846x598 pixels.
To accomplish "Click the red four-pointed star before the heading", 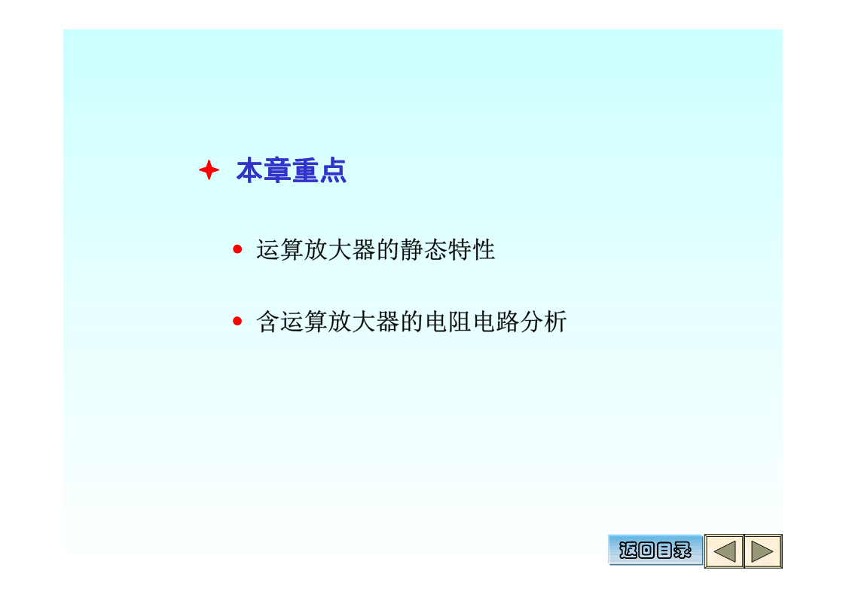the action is click(209, 170).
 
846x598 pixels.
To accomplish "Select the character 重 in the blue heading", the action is click(305, 170).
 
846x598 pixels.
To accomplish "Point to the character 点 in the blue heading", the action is click(332, 170).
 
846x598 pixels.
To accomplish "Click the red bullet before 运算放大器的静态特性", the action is click(237, 249).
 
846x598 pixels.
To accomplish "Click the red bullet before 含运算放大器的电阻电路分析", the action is click(237, 322).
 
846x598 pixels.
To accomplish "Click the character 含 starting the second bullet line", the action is click(268, 322).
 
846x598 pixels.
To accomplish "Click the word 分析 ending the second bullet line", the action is click(543, 322).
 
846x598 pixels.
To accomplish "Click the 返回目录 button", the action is click(655, 550).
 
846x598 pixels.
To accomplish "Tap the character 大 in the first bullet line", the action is click(340, 249).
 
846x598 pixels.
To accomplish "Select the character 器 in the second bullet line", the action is click(387, 322).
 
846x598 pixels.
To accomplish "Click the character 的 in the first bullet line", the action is click(388, 249).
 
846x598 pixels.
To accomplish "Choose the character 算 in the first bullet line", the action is click(292, 249).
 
